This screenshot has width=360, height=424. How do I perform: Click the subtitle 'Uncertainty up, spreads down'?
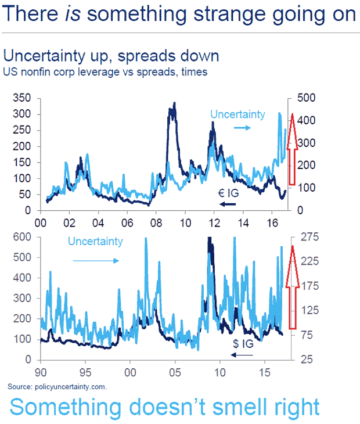click(x=111, y=56)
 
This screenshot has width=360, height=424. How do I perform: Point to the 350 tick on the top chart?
click(x=23, y=98)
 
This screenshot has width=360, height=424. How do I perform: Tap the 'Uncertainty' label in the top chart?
click(x=237, y=114)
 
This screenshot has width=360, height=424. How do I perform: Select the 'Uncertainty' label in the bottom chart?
click(x=95, y=241)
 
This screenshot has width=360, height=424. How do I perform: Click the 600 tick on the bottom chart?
click(x=23, y=237)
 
